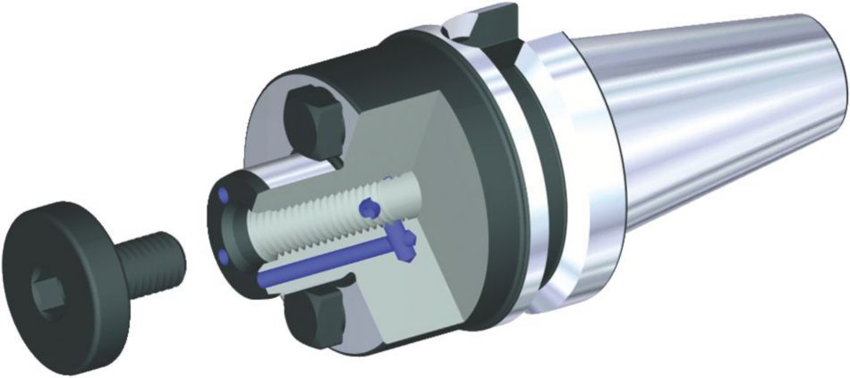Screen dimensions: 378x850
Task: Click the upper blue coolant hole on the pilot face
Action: [224, 194]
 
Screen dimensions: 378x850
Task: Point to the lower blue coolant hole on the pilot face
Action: [223, 259]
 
